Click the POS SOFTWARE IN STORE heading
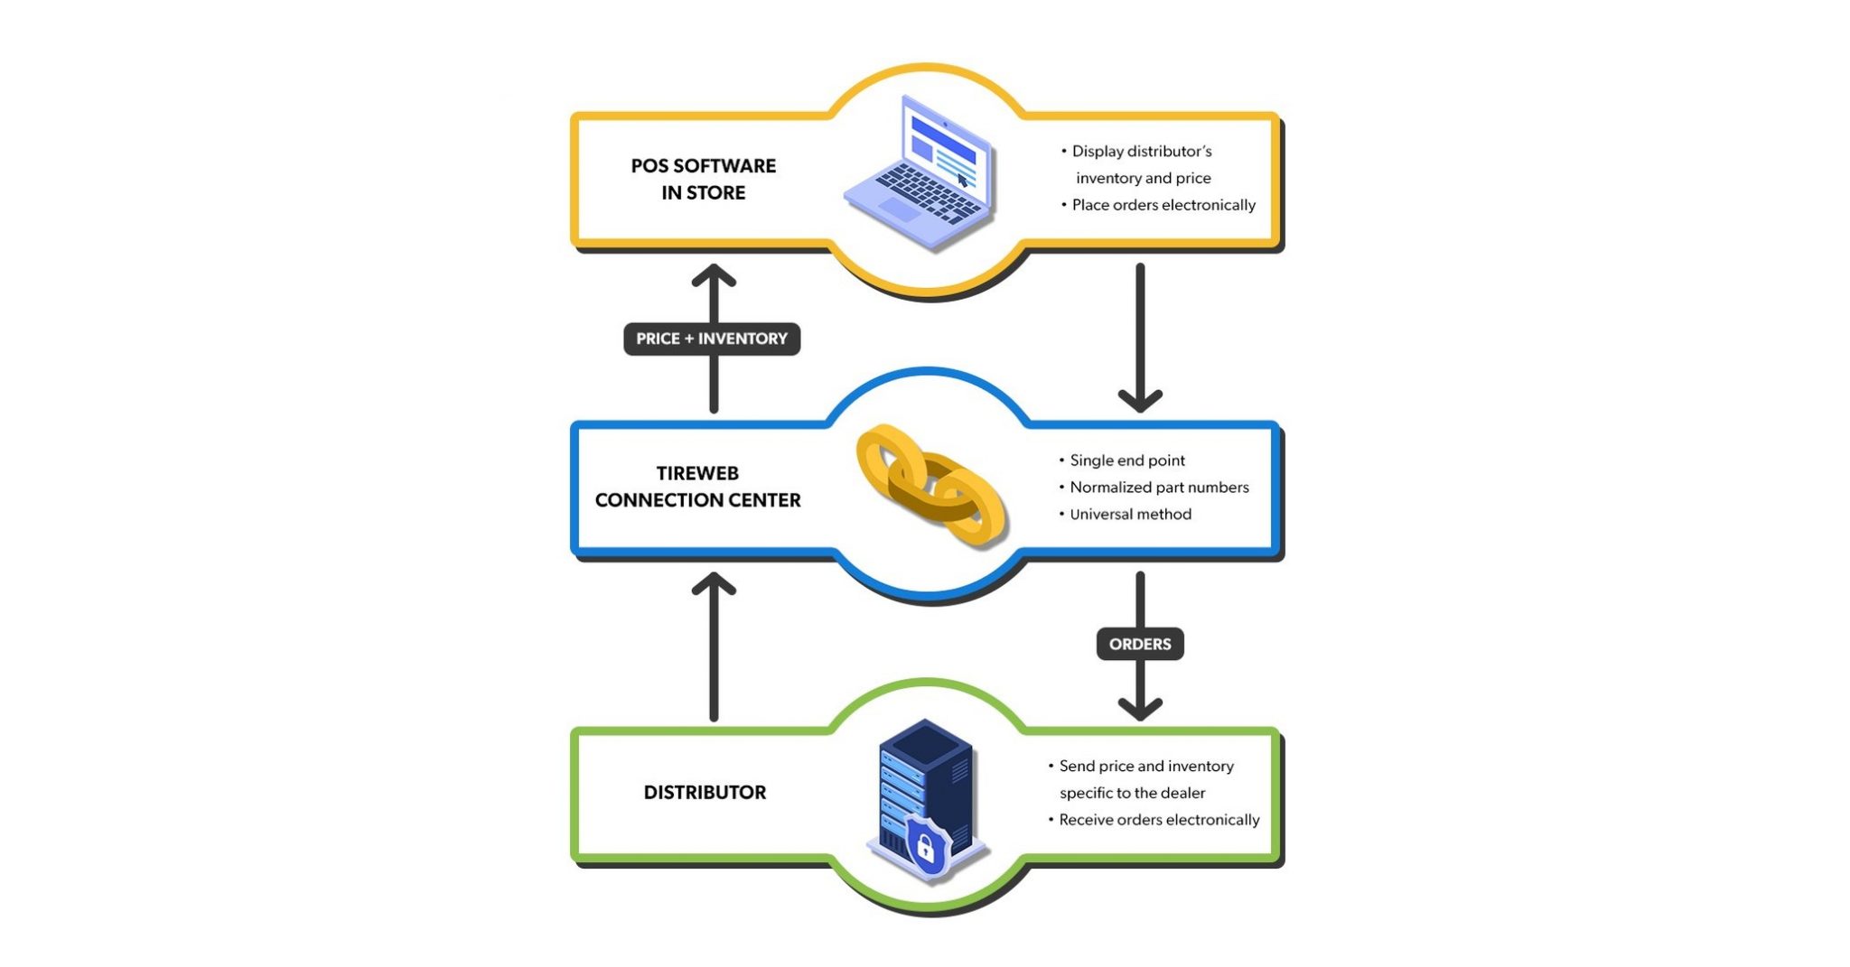[x=703, y=179]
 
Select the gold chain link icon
[x=930, y=485]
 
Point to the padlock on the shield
[x=925, y=848]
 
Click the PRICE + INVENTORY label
[x=712, y=339]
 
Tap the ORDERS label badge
[x=1140, y=644]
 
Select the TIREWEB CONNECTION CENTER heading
[x=697, y=487]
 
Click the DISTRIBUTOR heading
[x=705, y=793]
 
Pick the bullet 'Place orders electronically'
[x=1163, y=205]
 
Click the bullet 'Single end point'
[x=1126, y=460]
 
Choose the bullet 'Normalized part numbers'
[x=1158, y=488]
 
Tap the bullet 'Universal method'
[x=1130, y=515]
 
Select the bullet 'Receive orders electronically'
[x=1158, y=820]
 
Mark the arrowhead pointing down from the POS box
[x=1140, y=399]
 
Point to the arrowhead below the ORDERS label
[x=1140, y=708]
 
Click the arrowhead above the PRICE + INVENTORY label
[x=714, y=274]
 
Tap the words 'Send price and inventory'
[x=1145, y=767]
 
